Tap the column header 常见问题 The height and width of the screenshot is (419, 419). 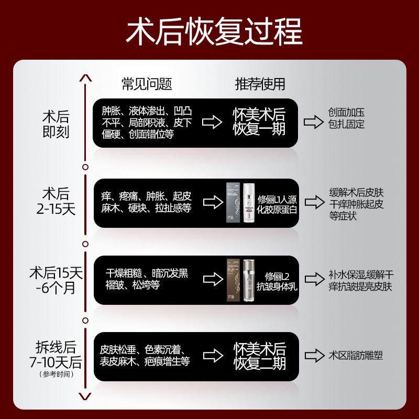147,84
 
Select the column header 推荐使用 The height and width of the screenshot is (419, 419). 260,84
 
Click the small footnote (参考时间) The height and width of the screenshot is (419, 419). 56,374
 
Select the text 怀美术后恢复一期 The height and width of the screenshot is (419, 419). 259,122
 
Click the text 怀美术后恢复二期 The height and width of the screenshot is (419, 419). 259,356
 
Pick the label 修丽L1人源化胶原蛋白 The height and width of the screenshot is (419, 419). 277,204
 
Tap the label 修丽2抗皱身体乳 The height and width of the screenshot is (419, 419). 277,280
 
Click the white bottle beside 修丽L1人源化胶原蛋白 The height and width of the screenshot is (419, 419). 248,204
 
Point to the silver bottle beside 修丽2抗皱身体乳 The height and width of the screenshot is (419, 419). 248,281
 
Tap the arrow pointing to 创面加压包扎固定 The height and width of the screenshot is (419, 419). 314,122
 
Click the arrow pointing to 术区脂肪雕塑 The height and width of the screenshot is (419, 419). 314,356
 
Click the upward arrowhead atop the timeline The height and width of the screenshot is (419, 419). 85,78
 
